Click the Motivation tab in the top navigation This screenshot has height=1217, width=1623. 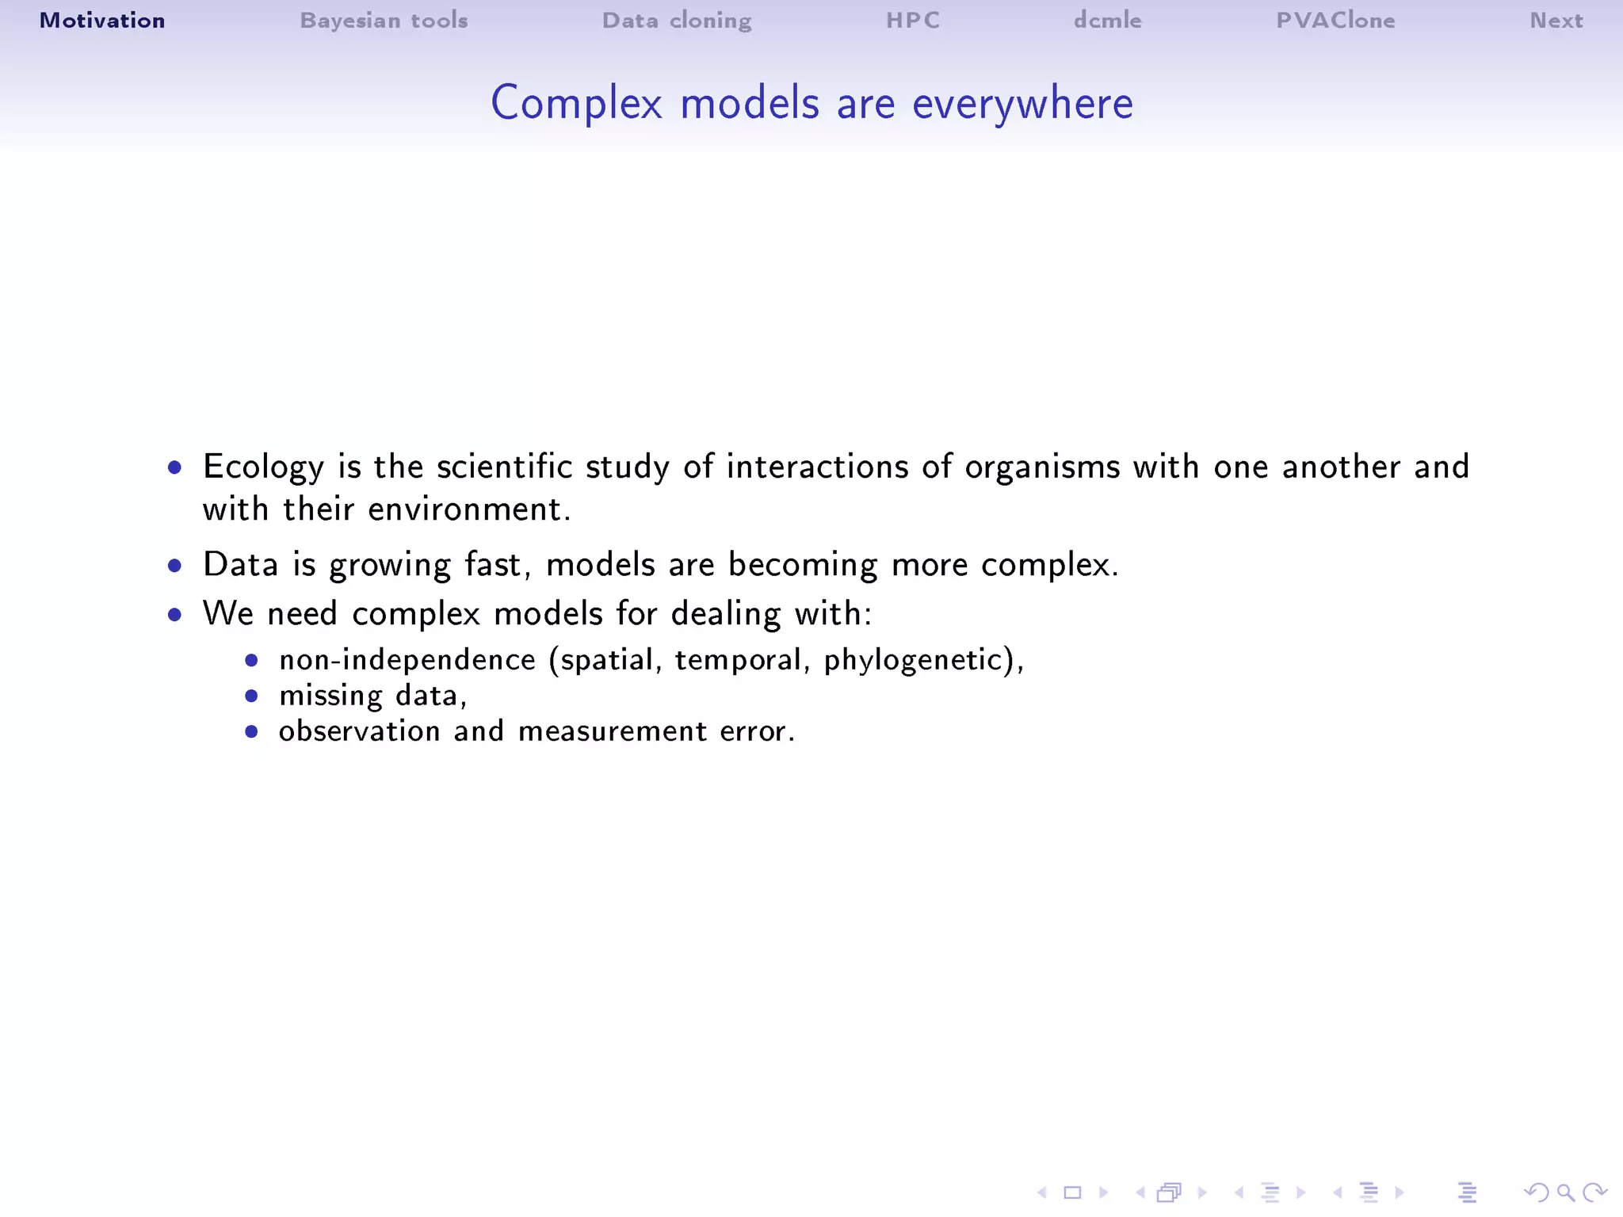102,21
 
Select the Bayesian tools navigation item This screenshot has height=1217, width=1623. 384,21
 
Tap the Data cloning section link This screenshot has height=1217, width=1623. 677,21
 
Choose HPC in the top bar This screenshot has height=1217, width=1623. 913,21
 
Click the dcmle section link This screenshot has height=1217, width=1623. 1107,21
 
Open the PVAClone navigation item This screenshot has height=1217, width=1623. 1335,21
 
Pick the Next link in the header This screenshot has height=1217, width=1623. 1556,21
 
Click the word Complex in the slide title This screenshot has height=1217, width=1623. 576,104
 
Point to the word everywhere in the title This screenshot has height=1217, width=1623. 1022,104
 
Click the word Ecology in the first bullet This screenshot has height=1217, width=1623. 263,467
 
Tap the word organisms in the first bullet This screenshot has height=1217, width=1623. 1042,467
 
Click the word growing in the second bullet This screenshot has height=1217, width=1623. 389,566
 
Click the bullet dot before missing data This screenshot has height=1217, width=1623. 251,696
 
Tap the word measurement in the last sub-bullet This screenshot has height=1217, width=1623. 612,731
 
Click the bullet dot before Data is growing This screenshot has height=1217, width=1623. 175,566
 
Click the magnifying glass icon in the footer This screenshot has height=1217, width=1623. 1565,1192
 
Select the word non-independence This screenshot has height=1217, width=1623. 407,660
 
